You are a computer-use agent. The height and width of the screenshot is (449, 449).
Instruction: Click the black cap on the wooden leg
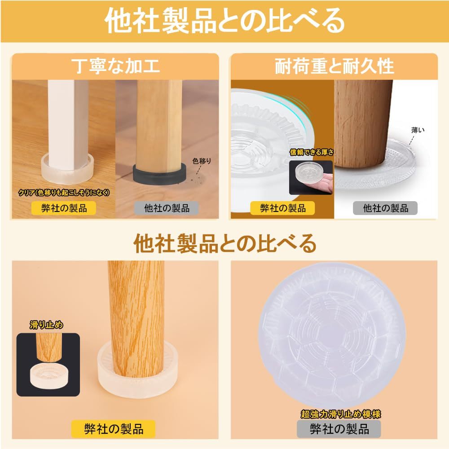point(159,173)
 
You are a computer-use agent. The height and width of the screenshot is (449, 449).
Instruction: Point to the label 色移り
point(201,160)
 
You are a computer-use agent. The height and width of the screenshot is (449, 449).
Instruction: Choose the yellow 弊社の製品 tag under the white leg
point(63,208)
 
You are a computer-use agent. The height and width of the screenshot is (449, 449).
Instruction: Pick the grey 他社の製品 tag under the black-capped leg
point(167,208)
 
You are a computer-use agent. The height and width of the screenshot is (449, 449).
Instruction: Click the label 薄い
point(417,130)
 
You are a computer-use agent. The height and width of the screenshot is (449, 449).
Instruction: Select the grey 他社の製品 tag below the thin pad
point(385,208)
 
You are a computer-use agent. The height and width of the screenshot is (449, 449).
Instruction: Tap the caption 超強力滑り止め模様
point(341,414)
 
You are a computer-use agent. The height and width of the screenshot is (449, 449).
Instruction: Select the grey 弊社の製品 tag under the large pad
point(339,429)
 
